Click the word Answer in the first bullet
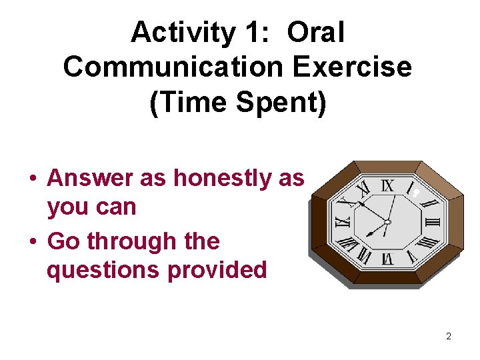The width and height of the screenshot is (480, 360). click(x=90, y=178)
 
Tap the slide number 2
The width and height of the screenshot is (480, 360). click(x=448, y=336)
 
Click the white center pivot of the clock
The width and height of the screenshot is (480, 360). click(x=387, y=222)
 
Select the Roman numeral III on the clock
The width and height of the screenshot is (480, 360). click(x=433, y=222)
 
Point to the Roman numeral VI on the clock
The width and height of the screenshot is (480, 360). click(x=387, y=257)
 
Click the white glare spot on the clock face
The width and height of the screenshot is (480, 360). click(x=415, y=193)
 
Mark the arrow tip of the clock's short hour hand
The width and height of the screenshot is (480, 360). click(x=368, y=235)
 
